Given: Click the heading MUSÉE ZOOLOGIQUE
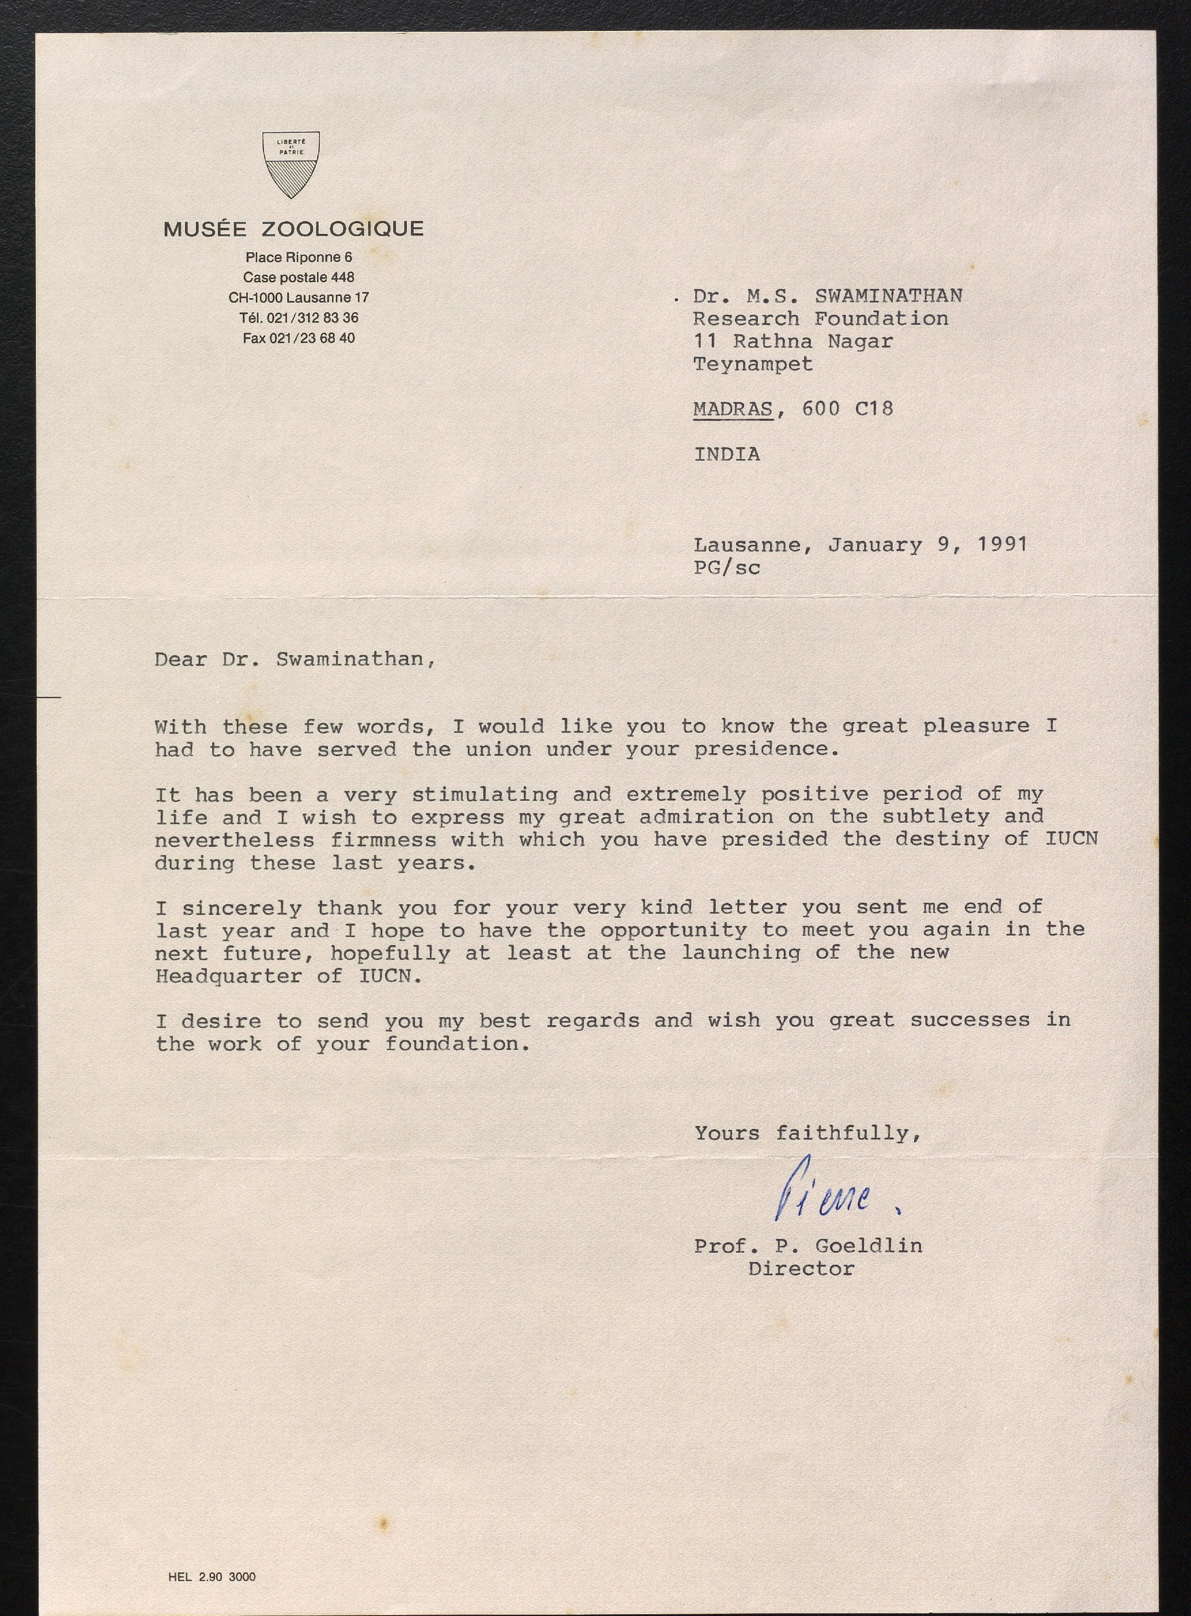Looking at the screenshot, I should coord(293,229).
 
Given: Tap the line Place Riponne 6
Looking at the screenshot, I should coord(298,257).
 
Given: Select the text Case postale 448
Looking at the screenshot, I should coord(298,277).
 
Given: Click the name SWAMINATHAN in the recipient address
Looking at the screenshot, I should coord(888,296).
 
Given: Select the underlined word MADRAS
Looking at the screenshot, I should coord(732,409).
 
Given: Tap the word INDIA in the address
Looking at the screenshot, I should coord(726,454).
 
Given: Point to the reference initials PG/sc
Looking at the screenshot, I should coord(726,568).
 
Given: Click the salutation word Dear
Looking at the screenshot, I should coord(181,659).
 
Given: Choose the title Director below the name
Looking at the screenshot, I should coord(801,1268).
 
